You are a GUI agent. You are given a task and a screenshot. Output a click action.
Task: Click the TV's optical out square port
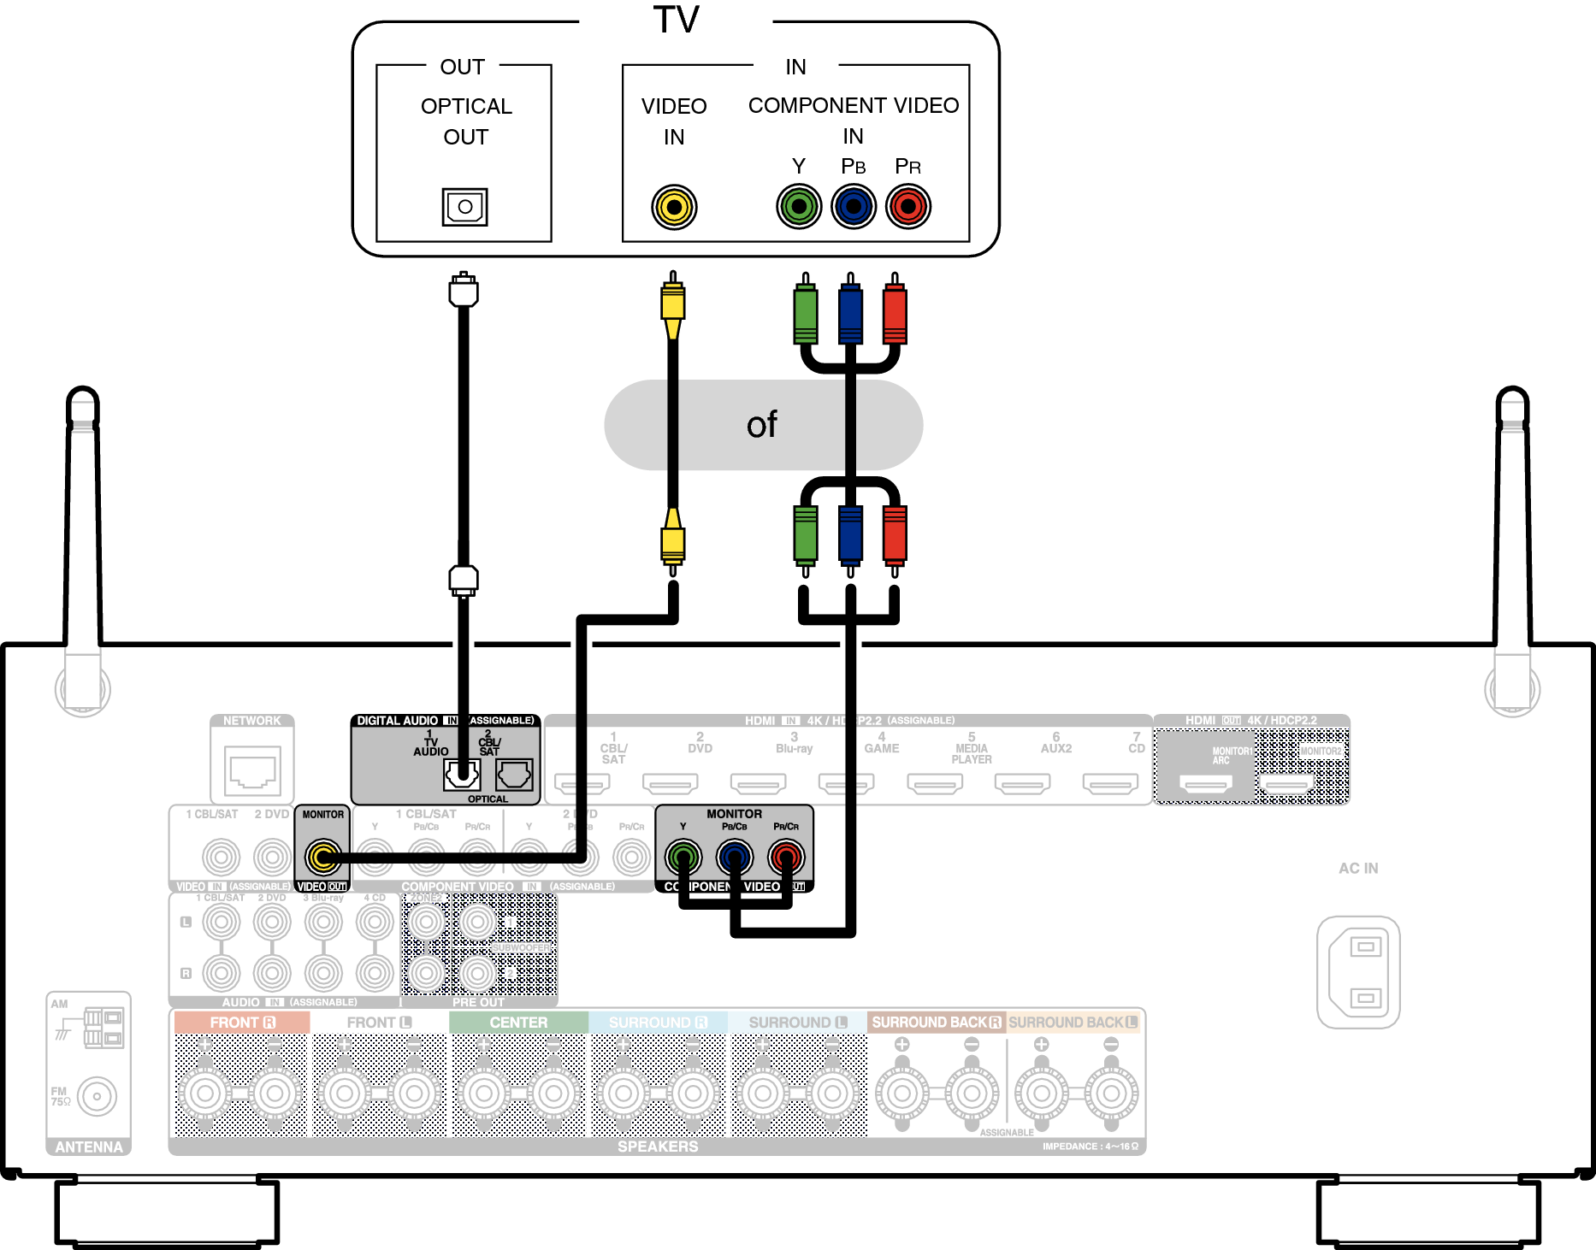pos(464,207)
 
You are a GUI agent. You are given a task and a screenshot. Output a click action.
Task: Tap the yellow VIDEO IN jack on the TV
pos(674,207)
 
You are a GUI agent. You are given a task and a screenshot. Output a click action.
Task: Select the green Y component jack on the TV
pos(799,207)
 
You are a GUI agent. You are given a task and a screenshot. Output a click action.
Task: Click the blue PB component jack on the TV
pos(854,207)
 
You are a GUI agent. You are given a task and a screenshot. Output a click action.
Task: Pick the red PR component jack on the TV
pos(907,207)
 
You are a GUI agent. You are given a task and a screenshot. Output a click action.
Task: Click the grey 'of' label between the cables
pos(762,425)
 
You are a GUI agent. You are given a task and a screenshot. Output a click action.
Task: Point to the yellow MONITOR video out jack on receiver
pos(323,856)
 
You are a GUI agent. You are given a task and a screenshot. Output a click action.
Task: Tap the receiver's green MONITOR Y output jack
pos(683,856)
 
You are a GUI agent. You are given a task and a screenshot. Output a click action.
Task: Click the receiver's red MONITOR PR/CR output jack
pos(786,856)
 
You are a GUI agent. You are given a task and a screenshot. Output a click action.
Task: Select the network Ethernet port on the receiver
pos(252,770)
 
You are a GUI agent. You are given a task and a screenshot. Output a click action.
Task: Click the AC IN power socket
pos(1358,972)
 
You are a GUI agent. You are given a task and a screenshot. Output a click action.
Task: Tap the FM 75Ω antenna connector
pos(97,1096)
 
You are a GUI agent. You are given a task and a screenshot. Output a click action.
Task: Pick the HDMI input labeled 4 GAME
pos(847,781)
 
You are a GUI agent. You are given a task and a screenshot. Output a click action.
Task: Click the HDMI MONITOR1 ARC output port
pos(1205,782)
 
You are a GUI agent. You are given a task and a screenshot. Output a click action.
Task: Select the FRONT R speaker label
pos(242,1023)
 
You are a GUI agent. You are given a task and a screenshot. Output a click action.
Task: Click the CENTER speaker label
pos(518,1023)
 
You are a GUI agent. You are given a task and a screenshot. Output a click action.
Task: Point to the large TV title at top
pos(676,20)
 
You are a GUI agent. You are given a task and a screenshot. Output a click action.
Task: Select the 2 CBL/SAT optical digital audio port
pos(514,775)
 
